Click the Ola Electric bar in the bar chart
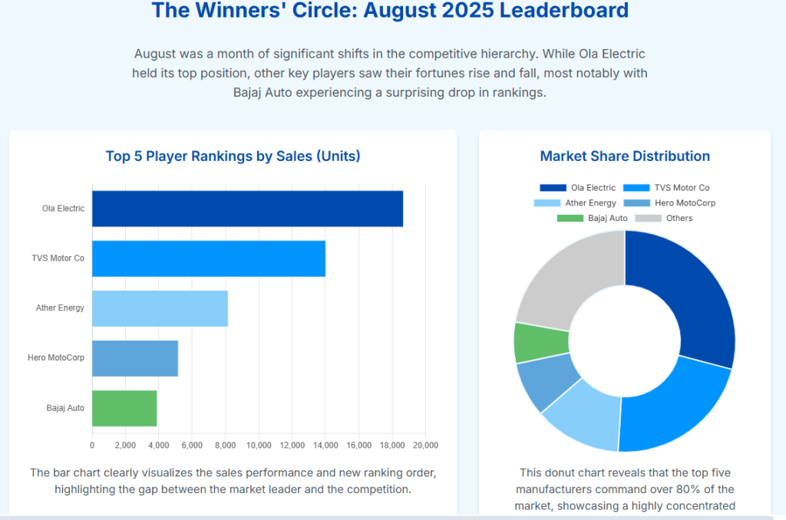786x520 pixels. pos(247,209)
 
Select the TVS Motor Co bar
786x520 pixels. pos(208,258)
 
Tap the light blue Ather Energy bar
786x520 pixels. pos(160,308)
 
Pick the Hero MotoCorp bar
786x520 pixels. pos(135,358)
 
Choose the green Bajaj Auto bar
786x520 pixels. pos(124,408)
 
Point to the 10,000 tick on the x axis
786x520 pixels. pos(259,446)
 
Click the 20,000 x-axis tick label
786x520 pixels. pos(425,446)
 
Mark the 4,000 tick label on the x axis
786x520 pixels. pos(158,446)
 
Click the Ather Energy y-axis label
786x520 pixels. pos(60,308)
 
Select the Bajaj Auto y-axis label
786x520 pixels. pos(65,408)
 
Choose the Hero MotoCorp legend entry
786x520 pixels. pos(685,203)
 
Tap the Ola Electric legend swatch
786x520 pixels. pos(552,188)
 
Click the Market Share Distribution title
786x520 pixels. pos(625,156)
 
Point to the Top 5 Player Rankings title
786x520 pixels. pos(233,156)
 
